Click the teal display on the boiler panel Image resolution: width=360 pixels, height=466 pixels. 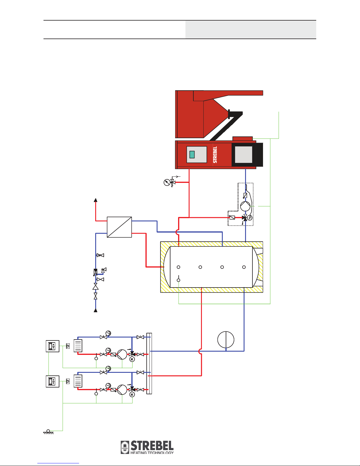192,155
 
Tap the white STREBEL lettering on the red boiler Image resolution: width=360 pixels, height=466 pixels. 215,155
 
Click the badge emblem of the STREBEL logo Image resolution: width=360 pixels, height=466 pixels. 125,447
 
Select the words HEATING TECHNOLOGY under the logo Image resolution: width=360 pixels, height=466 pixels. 152,452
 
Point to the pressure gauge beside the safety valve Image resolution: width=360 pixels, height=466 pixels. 167,183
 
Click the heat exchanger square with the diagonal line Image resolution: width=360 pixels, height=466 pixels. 119,227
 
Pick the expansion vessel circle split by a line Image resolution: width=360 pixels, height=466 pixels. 226,340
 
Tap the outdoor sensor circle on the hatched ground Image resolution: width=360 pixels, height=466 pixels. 48,431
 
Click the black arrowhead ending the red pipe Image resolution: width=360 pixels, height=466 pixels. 96,200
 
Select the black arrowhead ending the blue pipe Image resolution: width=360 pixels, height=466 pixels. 96,310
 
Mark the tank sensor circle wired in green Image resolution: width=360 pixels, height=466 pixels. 178,280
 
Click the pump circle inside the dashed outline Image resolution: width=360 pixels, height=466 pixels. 245,206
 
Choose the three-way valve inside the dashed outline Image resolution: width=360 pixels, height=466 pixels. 245,218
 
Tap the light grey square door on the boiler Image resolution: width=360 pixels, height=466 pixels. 244,155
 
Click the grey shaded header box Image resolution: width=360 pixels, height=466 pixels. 251,30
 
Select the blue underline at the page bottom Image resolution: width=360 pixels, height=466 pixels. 58,463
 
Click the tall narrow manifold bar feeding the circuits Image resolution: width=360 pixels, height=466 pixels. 149,363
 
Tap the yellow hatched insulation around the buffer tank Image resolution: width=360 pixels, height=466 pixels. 212,244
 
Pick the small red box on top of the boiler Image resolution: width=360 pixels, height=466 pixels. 242,138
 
